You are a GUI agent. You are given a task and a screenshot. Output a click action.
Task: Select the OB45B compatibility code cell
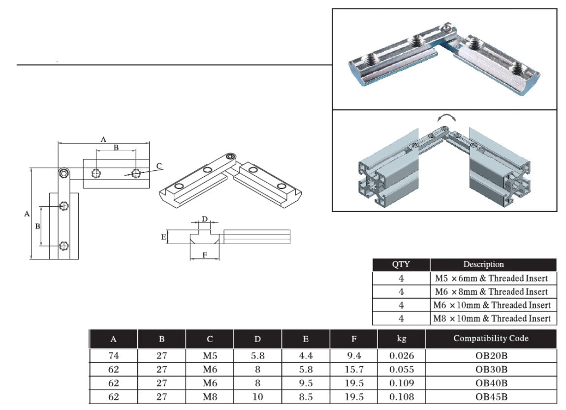tap(491, 397)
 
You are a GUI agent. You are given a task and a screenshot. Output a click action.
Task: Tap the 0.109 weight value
tap(401, 383)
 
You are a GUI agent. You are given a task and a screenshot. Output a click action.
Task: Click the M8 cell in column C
tap(210, 397)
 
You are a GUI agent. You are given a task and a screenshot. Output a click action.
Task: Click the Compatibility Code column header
tap(491, 339)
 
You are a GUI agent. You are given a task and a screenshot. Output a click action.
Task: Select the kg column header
tap(401, 339)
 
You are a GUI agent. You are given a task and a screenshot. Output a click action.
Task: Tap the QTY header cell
tap(401, 264)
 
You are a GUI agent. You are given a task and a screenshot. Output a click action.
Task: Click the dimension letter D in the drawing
tap(205, 219)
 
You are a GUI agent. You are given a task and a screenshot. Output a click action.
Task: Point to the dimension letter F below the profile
tap(205, 254)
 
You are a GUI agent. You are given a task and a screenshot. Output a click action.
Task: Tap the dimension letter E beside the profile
tap(163, 237)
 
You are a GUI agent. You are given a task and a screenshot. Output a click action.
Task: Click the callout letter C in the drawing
tap(158, 165)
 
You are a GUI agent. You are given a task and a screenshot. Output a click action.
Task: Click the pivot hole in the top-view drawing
tap(64, 173)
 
